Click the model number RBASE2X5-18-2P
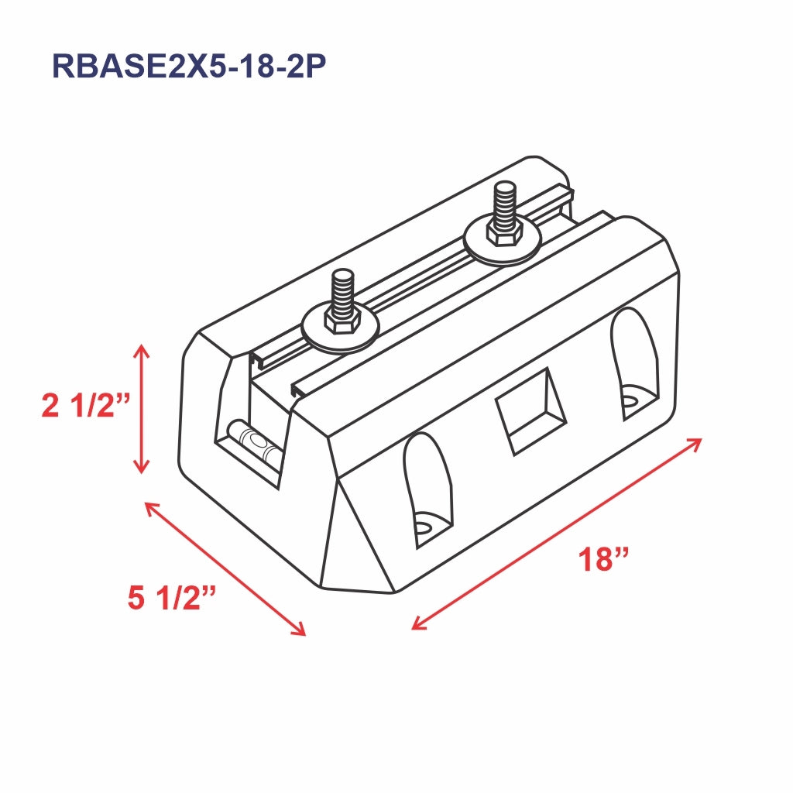point(187,67)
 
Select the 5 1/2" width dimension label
point(171,598)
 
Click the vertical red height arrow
point(140,409)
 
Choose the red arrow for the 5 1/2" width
point(225,569)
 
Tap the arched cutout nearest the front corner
point(427,488)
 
